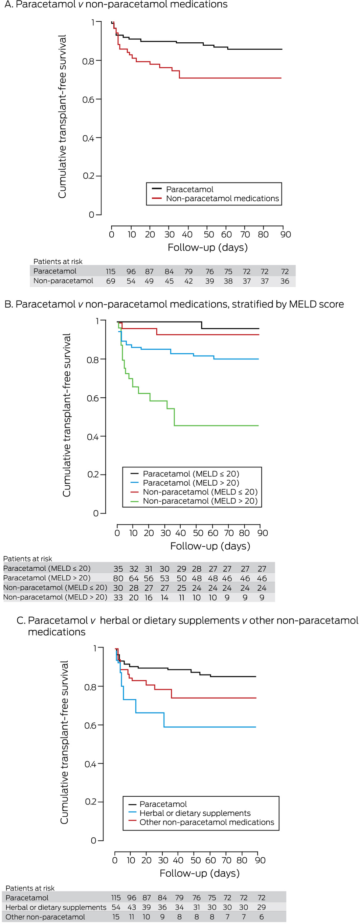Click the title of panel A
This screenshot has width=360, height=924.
tap(116, 5)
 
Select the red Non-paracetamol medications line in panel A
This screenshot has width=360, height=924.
tap(229, 78)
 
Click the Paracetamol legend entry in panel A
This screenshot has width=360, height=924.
tap(189, 189)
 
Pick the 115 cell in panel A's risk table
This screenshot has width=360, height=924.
tap(110, 271)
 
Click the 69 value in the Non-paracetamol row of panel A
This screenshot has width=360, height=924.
tap(110, 281)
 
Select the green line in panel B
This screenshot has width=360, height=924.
tap(215, 426)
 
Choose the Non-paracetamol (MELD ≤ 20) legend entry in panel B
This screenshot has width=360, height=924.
tap(200, 492)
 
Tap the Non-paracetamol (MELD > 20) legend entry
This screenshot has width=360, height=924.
tap(200, 501)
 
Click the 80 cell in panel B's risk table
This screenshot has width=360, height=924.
tap(118, 578)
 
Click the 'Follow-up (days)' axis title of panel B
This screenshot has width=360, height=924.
tap(210, 546)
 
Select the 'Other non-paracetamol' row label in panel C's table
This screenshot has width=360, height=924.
tap(45, 917)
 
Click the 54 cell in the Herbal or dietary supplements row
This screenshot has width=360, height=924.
tap(116, 907)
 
